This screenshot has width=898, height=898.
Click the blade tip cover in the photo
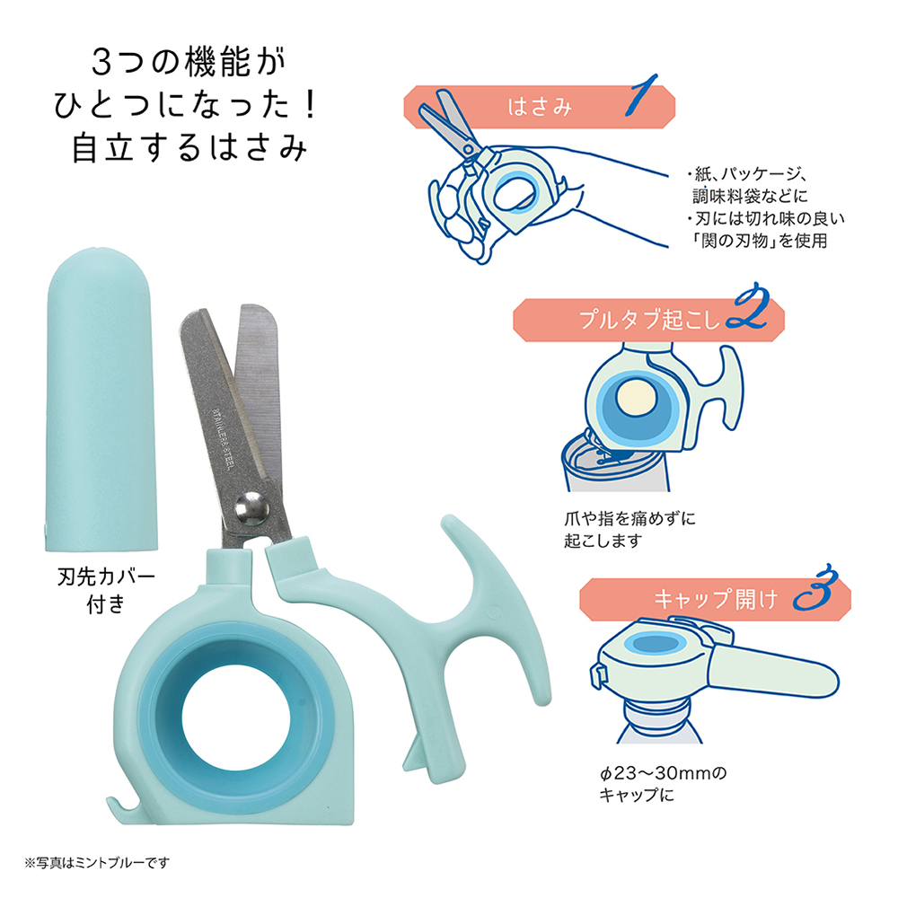(x=101, y=400)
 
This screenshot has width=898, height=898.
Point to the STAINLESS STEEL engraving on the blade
(x=223, y=439)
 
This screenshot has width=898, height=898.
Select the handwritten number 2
(x=747, y=306)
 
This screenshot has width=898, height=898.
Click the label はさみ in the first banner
(x=540, y=107)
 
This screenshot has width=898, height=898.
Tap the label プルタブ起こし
(x=649, y=320)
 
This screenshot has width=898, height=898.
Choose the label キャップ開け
(x=716, y=599)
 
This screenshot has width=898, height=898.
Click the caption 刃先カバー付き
(x=106, y=590)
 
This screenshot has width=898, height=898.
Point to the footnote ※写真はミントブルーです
(x=97, y=862)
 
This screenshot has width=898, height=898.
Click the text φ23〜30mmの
(x=664, y=773)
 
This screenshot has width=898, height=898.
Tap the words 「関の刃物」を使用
(x=760, y=241)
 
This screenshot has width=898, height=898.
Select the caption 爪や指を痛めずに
(x=629, y=519)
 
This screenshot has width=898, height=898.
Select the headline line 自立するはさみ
(x=189, y=147)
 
